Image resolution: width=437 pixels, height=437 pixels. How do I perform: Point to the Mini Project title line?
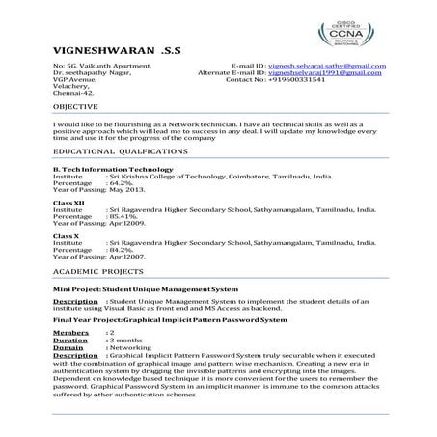click(146, 288)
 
